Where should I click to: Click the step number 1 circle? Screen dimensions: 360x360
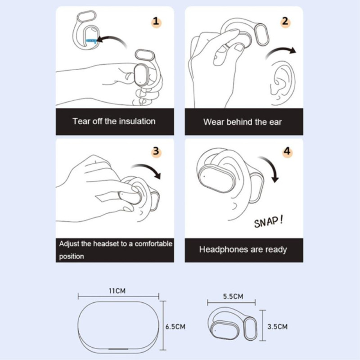pos(156,21)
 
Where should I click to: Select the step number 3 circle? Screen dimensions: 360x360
pos(156,151)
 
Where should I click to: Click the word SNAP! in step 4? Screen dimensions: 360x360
pos(269,222)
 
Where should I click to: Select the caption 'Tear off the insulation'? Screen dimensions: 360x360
pos(114,121)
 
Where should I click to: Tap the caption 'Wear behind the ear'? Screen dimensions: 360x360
pos(243,121)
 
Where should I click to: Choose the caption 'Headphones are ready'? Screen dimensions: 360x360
pos(243,249)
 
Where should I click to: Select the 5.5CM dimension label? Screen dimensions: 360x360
pos(233,297)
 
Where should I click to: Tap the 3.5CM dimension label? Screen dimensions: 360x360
pos(276,326)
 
